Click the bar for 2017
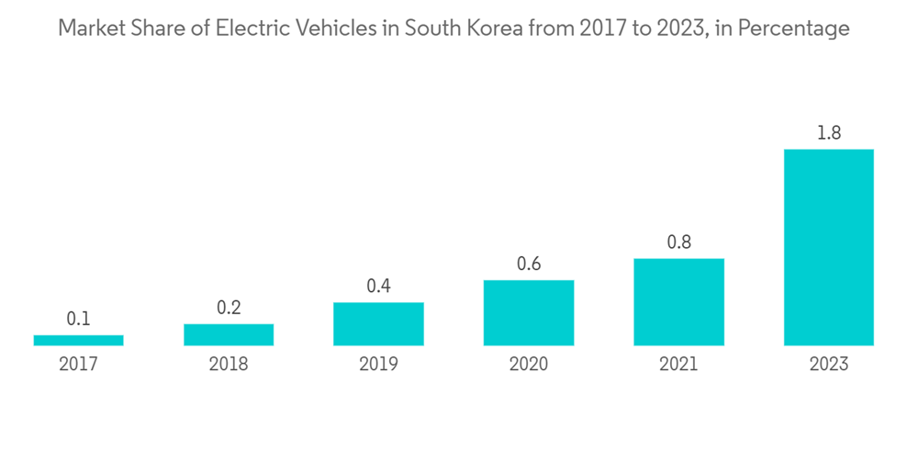(x=78, y=340)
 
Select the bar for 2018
(x=229, y=334)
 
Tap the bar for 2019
(x=378, y=323)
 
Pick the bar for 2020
(x=529, y=312)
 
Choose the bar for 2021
(x=678, y=301)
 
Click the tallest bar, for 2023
(x=828, y=247)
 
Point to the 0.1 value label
(x=78, y=319)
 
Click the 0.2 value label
(x=229, y=308)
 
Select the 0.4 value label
(x=378, y=286)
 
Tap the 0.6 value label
(x=529, y=264)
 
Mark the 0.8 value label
(x=678, y=243)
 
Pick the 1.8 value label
(x=828, y=133)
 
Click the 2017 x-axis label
(x=78, y=364)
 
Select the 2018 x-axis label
(x=229, y=364)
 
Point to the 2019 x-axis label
(x=378, y=364)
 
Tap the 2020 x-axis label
(x=529, y=364)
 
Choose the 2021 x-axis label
(x=678, y=364)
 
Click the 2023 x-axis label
(x=828, y=364)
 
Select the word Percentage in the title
(x=794, y=29)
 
